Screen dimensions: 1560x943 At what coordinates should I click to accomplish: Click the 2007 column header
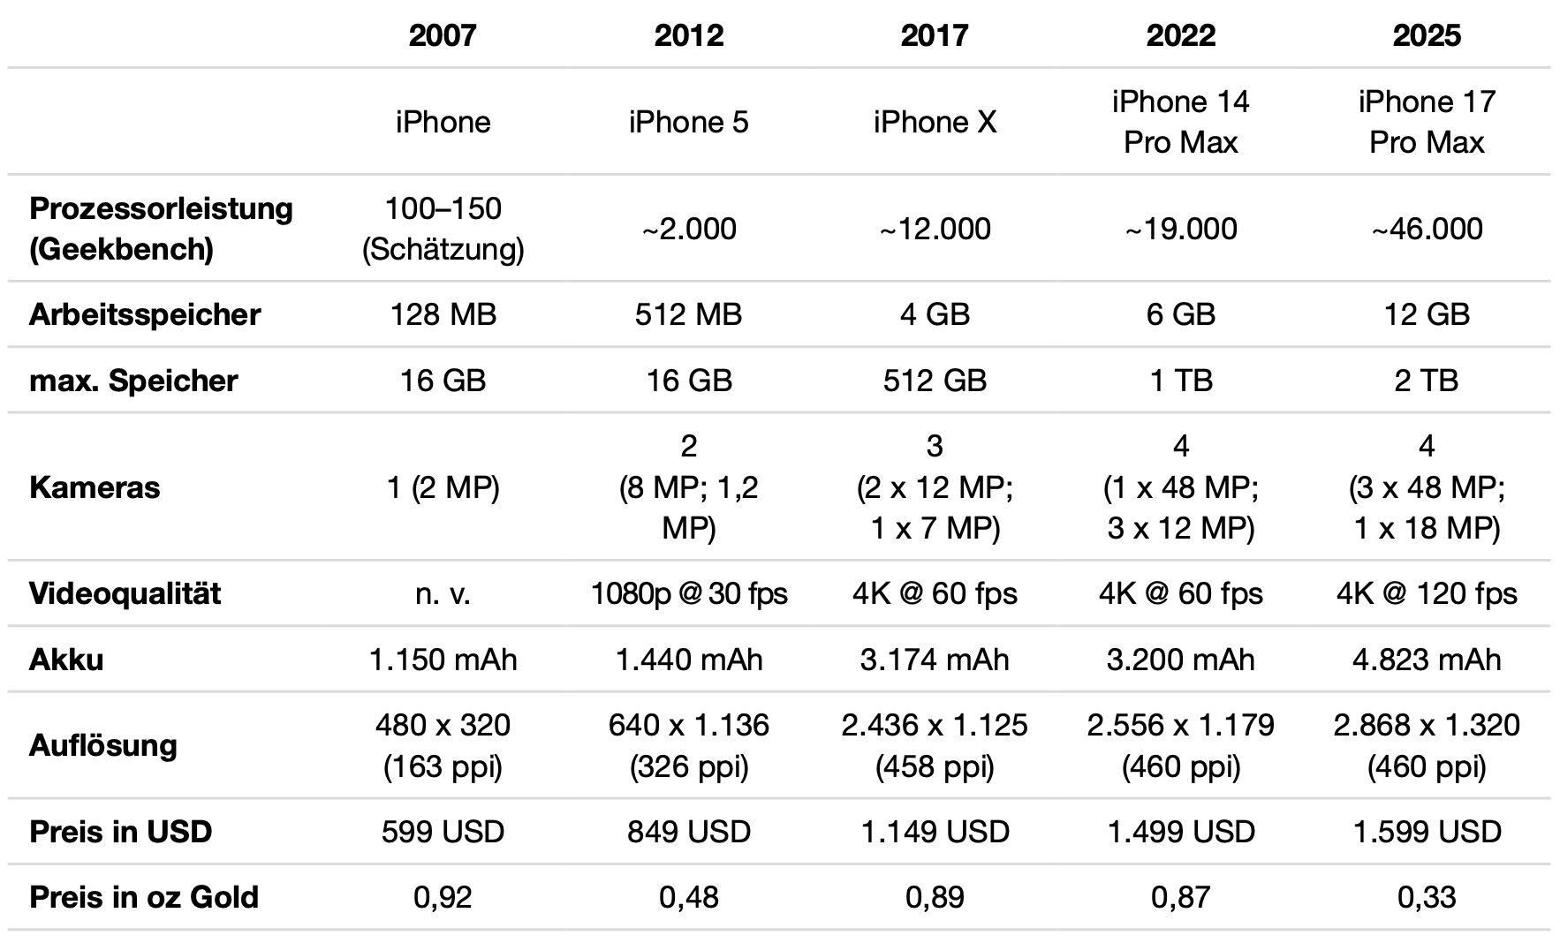point(443,35)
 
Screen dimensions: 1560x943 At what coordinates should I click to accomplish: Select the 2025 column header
point(1427,35)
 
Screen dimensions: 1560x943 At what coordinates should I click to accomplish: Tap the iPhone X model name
point(935,122)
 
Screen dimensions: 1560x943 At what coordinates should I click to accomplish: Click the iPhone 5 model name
point(688,122)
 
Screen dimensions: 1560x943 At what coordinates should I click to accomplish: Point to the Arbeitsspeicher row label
point(145,314)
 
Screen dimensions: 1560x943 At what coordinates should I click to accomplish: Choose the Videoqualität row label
point(125,593)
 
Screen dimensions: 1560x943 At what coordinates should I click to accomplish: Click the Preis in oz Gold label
point(144,897)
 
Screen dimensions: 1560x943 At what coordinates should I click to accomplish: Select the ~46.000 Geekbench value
point(1427,229)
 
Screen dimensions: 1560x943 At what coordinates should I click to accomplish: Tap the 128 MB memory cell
point(443,314)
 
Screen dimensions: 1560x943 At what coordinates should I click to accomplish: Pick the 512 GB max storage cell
point(935,381)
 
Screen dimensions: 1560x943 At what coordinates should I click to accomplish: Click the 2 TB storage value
point(1427,381)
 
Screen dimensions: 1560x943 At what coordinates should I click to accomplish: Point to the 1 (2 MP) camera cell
point(443,487)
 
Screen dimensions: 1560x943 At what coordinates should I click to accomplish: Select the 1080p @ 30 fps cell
point(689,593)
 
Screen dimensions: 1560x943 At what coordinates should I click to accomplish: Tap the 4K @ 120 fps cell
point(1427,593)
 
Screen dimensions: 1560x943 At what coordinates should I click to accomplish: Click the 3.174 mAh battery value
point(935,660)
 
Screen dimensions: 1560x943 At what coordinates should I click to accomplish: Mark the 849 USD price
point(689,832)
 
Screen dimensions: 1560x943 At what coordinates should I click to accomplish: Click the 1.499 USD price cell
point(1181,832)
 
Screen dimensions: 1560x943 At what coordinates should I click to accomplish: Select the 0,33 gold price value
point(1427,897)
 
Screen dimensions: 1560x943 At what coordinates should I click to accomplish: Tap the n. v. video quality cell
point(443,593)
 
